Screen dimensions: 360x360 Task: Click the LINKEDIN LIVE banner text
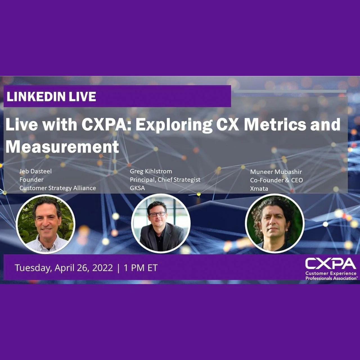tap(51, 97)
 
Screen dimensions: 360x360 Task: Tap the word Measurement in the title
tap(62, 147)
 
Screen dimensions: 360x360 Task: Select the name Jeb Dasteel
tap(35, 171)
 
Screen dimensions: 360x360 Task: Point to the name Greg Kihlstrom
tap(151, 171)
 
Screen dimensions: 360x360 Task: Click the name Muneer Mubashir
tap(276, 172)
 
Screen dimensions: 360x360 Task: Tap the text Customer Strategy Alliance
tap(58, 188)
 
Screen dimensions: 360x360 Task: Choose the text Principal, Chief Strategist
tap(165, 179)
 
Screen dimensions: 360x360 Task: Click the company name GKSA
tap(137, 188)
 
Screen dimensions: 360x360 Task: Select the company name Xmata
tap(259, 188)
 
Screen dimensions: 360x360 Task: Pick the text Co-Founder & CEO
tap(276, 180)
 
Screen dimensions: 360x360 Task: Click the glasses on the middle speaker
tap(157, 214)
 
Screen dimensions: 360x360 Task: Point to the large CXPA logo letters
tap(330, 264)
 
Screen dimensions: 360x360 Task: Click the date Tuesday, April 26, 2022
tap(64, 268)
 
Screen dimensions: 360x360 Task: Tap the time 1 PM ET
tap(140, 268)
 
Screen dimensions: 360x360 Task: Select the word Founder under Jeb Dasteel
tap(31, 179)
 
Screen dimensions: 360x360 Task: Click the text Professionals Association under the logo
tap(331, 278)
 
